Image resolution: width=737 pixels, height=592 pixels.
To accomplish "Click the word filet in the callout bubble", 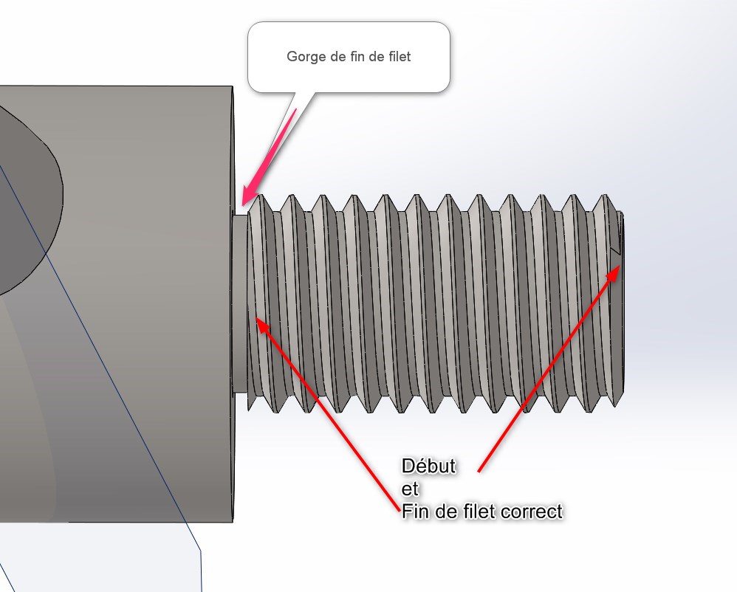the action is pyautogui.click(x=397, y=57).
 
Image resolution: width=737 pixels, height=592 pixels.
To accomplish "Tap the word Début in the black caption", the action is pyautogui.click(x=428, y=467).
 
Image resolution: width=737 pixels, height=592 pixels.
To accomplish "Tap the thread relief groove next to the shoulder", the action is pyautogui.click(x=239, y=303).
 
